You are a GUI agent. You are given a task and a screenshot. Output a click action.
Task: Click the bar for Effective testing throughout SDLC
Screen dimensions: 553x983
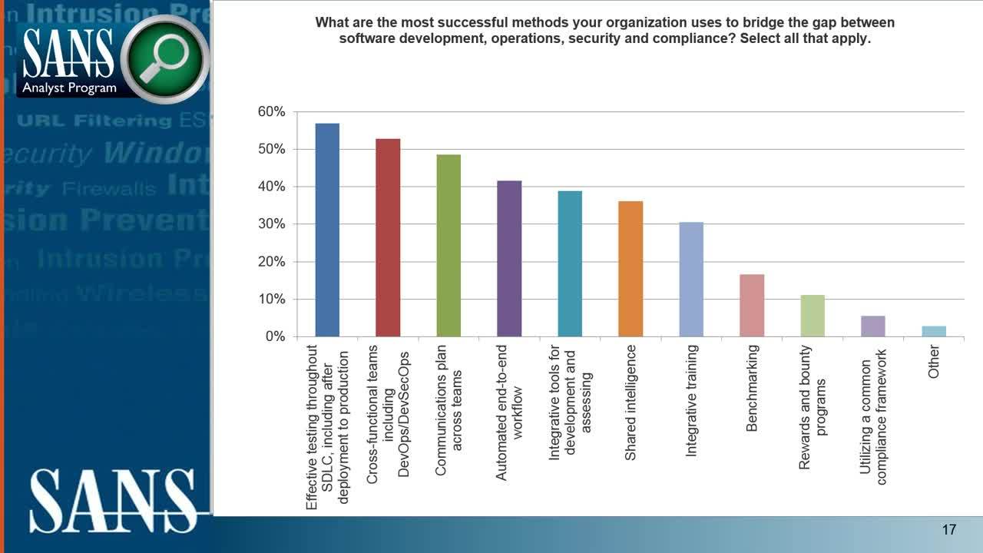(327, 230)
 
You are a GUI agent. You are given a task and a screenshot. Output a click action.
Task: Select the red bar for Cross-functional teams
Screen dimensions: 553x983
(388, 237)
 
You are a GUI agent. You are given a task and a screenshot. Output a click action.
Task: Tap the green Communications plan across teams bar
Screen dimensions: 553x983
(448, 245)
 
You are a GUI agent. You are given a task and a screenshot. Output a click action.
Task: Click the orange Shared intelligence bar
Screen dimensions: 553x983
(631, 269)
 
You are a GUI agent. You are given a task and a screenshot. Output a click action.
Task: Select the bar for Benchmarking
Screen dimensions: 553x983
(752, 305)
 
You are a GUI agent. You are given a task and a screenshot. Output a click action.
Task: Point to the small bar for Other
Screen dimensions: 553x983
(934, 331)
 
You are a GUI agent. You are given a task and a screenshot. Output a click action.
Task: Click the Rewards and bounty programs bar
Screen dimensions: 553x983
(813, 316)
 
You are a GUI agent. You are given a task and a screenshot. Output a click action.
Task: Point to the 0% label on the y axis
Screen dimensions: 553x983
(274, 337)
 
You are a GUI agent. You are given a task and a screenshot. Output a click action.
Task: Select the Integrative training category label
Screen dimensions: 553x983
(691, 401)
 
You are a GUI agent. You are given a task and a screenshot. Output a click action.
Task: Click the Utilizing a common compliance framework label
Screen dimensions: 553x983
(873, 422)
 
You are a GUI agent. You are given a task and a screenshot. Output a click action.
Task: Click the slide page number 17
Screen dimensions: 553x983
(948, 530)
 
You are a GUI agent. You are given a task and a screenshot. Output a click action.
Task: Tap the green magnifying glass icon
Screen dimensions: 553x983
(164, 59)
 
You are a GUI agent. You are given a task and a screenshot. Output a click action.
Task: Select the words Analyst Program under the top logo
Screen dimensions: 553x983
(69, 88)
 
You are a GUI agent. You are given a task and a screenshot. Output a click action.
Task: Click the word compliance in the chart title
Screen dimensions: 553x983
(775, 38)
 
